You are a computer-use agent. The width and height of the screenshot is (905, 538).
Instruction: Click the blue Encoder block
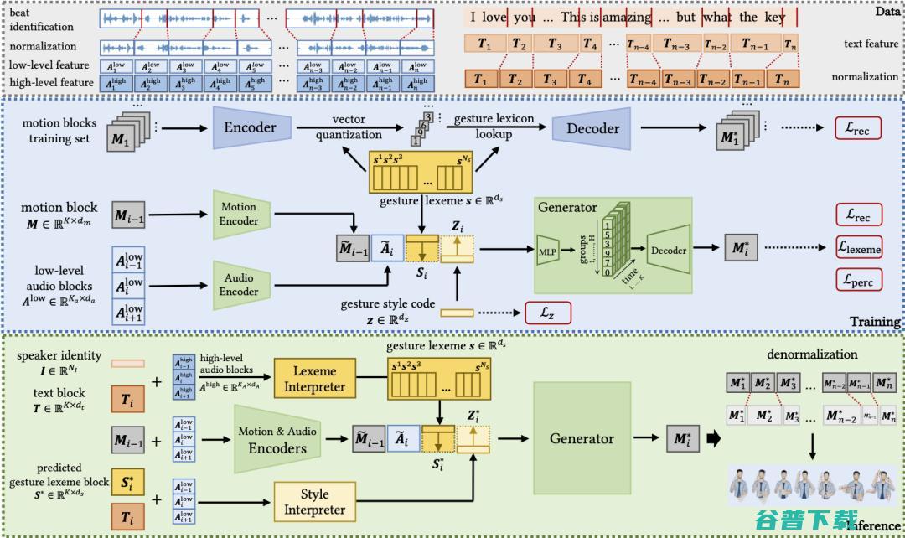250,127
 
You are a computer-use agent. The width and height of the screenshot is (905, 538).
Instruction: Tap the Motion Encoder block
239,214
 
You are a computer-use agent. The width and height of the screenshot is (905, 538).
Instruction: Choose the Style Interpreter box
314,503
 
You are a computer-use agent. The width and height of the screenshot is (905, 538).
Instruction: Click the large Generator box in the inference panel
581,438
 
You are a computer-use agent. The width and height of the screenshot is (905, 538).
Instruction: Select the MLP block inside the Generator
547,249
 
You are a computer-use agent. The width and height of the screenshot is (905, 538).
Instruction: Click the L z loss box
547,313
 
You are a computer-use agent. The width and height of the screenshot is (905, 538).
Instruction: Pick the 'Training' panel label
875,322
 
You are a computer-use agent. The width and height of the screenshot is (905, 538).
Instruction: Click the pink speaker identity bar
127,364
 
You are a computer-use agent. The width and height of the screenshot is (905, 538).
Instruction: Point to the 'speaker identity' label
59,355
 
